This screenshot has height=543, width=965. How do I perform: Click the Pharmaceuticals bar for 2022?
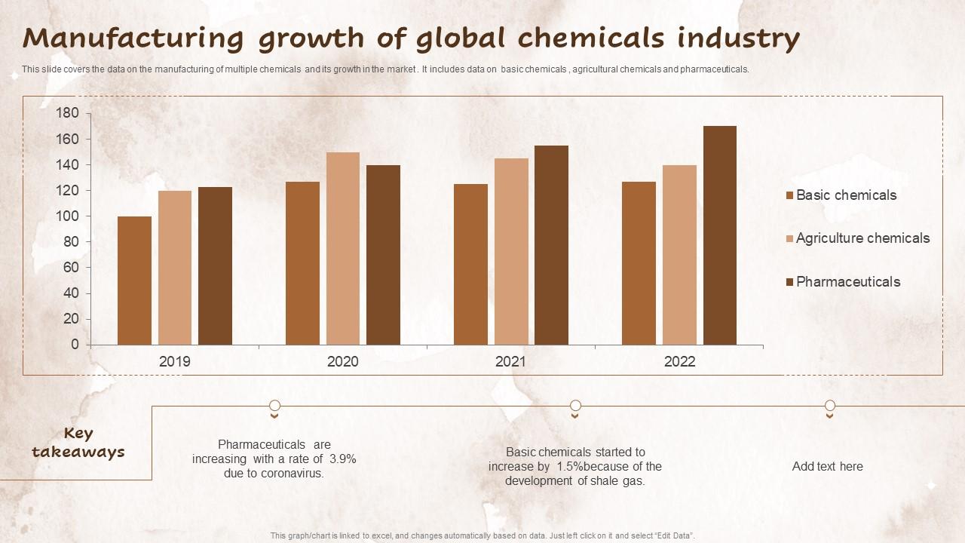tap(720, 235)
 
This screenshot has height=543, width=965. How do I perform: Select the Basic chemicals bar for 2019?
tap(134, 281)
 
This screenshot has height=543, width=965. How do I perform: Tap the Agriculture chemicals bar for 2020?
tap(343, 249)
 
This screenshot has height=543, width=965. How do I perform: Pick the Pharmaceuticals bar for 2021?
tap(552, 245)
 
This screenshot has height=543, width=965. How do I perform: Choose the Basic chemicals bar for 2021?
tap(470, 264)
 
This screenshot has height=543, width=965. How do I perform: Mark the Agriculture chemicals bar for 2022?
tap(680, 255)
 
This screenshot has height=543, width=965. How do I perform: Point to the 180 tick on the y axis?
tap(67, 113)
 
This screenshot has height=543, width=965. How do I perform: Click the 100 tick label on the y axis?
tap(67, 216)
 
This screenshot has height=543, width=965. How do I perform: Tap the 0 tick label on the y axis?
tap(75, 345)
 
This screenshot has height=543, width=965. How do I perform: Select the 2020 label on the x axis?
tap(343, 362)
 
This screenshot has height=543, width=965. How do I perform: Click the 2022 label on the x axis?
tap(679, 362)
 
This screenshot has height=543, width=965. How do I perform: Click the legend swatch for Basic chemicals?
tap(790, 196)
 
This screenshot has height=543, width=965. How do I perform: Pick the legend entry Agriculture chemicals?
tap(862, 238)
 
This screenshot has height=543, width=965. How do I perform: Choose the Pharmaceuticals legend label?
tap(848, 282)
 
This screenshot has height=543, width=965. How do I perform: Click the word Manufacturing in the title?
tap(133, 38)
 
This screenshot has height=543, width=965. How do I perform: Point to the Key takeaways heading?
tap(78, 443)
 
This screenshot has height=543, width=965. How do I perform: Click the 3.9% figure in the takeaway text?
tap(342, 459)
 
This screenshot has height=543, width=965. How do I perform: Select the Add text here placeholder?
tap(827, 466)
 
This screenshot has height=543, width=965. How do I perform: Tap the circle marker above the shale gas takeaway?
tap(575, 406)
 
